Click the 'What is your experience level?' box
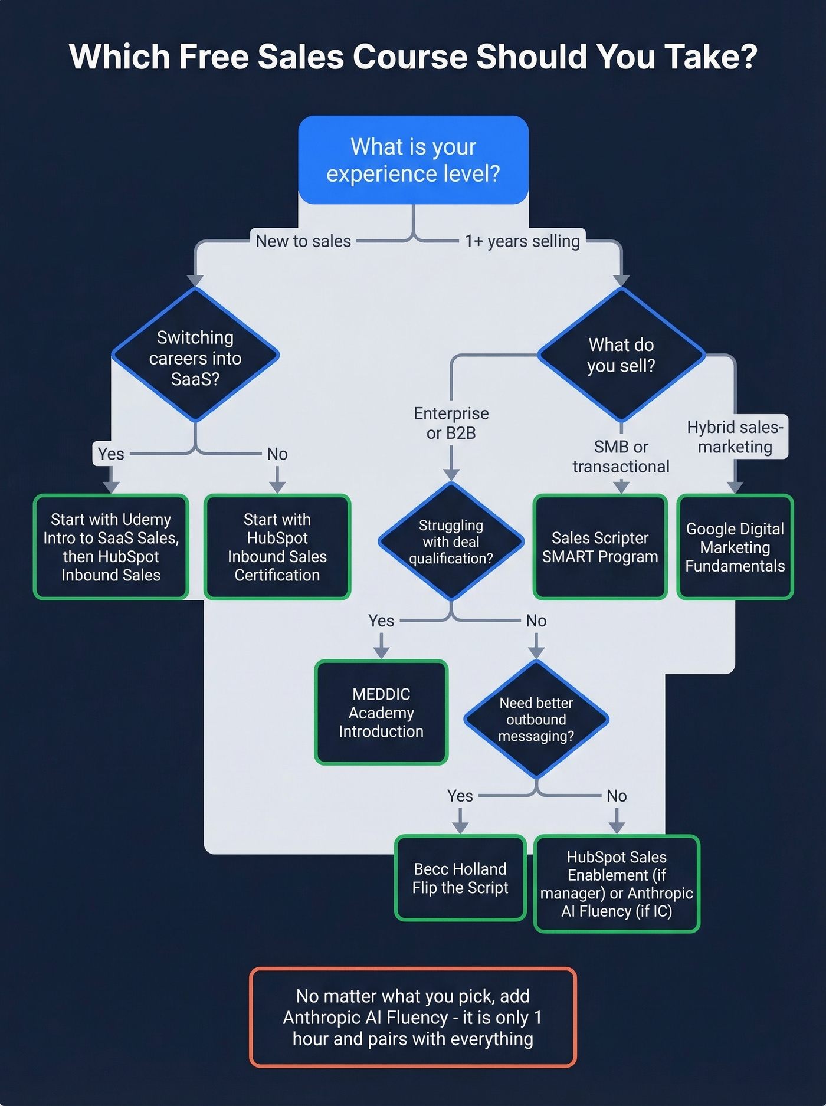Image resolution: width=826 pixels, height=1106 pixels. [413, 160]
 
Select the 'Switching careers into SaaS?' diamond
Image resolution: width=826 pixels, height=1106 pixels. [195, 356]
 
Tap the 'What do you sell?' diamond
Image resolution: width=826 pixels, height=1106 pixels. [621, 355]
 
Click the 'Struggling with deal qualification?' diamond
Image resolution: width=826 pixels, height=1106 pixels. [451, 541]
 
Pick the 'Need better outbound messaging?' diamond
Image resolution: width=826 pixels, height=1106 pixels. [536, 719]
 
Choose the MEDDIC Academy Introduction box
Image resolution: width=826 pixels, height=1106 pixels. [381, 713]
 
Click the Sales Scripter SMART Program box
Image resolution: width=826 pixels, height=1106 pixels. [600, 547]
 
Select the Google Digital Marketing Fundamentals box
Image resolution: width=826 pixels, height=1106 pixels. [735, 547]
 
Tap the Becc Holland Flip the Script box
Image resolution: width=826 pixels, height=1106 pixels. [460, 878]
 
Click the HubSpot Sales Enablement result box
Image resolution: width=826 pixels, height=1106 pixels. [617, 884]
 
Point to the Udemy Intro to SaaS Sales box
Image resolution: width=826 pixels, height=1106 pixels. [111, 547]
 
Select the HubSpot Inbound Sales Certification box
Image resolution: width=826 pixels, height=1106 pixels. [277, 547]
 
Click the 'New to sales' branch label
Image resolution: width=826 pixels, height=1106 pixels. [303, 241]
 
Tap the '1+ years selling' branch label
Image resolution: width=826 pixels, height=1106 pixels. [522, 241]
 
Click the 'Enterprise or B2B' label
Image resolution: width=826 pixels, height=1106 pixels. [451, 423]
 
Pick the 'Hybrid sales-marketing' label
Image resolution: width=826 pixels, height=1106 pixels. [735, 437]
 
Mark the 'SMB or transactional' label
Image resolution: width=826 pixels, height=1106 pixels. [621, 457]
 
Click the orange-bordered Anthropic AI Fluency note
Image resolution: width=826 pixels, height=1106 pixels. [413, 1017]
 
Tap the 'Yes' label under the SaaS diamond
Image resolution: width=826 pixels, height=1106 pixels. [111, 454]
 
